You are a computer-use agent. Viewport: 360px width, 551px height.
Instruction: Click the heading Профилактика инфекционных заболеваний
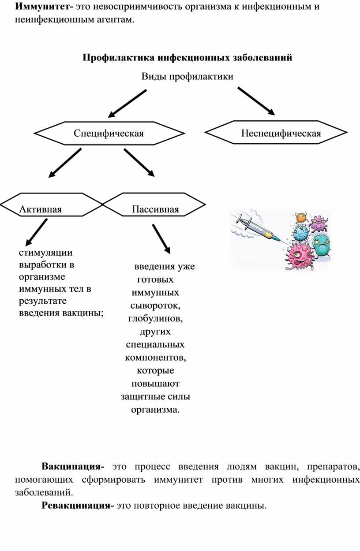click(187, 58)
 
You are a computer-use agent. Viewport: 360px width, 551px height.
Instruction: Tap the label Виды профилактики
click(187, 77)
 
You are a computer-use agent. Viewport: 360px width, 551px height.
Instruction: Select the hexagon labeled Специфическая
click(109, 133)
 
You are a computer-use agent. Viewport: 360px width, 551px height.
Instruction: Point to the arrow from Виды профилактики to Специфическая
click(127, 104)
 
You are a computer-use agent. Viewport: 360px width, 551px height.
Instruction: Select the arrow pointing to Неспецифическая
click(256, 101)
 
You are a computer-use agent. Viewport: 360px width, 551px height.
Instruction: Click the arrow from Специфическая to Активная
click(65, 163)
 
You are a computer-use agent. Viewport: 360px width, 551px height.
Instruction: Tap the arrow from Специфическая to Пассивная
click(139, 163)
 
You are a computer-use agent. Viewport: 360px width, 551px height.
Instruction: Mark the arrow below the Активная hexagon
click(37, 232)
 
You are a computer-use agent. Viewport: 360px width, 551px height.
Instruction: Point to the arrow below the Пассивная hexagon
click(161, 238)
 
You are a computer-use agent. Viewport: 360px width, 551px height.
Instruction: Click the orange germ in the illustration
click(301, 217)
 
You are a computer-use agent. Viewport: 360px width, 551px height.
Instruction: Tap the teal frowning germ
click(322, 244)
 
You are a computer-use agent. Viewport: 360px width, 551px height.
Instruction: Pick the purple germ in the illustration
click(318, 224)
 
